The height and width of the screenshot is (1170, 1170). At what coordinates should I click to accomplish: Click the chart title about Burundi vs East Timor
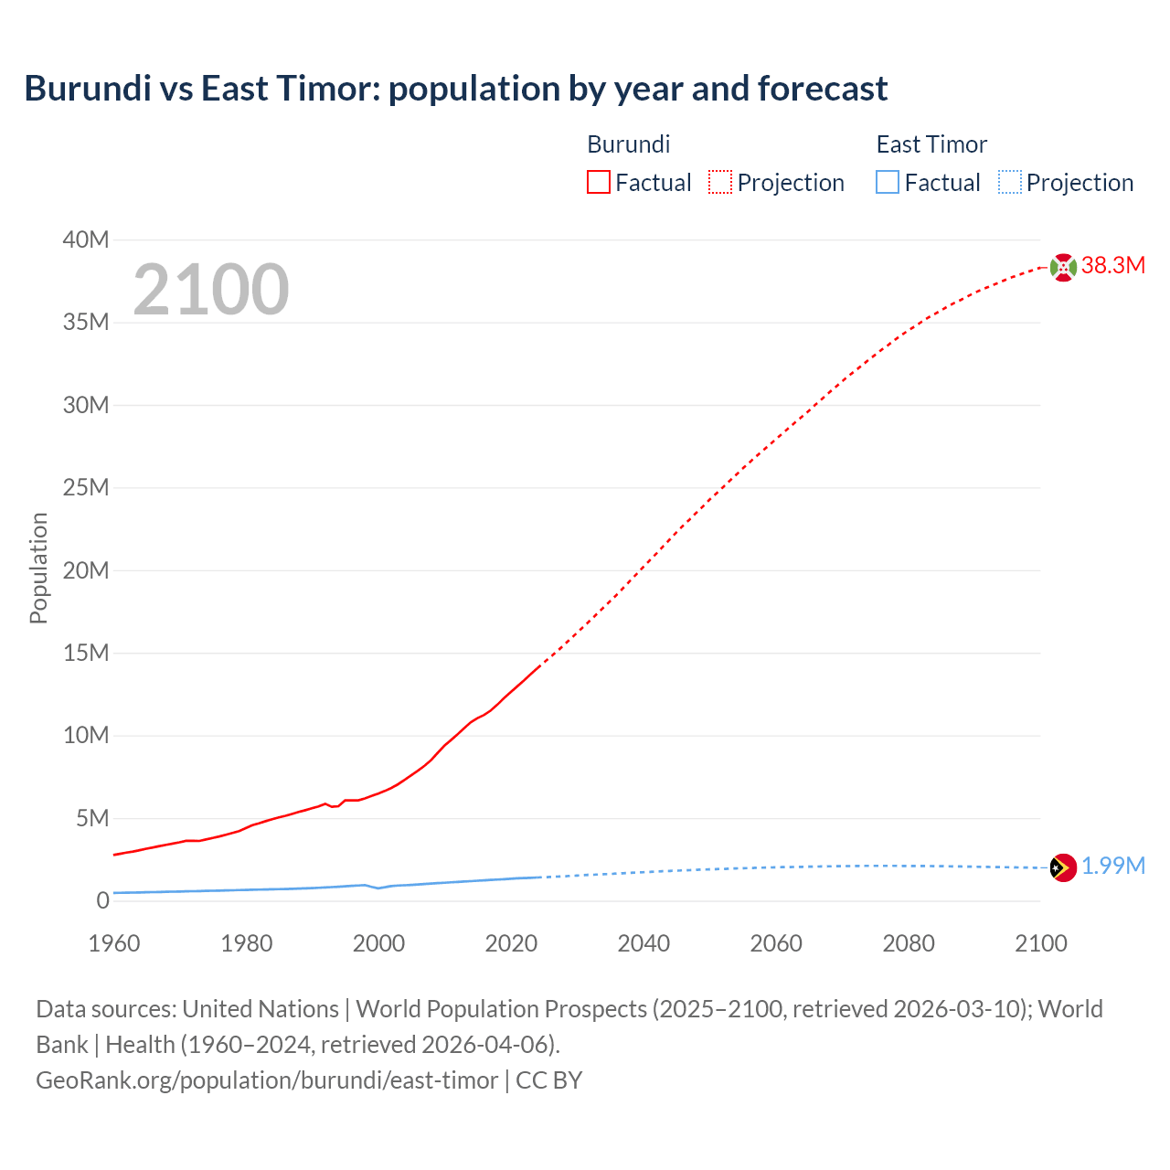[455, 89]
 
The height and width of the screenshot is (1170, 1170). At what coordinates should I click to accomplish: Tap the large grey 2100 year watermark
[211, 290]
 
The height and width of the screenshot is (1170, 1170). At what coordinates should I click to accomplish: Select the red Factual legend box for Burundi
[598, 183]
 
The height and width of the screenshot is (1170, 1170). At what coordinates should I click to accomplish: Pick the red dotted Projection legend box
[720, 183]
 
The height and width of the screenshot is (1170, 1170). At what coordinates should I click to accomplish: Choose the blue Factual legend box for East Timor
[888, 183]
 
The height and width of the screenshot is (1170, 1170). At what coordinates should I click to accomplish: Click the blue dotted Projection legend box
[1009, 183]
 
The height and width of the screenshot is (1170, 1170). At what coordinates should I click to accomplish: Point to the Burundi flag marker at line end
[1063, 267]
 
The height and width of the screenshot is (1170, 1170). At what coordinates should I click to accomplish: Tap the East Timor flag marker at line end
[1063, 867]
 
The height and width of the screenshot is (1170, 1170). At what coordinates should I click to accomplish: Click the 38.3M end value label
[1112, 266]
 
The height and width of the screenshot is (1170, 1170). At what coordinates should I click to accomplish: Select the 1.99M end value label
[1112, 867]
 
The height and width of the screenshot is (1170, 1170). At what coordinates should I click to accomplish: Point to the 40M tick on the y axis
[86, 239]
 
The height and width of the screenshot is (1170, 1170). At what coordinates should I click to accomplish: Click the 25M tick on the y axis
[86, 487]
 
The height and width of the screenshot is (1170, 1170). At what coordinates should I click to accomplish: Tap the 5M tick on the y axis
[92, 818]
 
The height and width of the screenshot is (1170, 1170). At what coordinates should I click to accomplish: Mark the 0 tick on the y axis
[102, 900]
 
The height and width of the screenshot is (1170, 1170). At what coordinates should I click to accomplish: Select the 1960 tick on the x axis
[114, 943]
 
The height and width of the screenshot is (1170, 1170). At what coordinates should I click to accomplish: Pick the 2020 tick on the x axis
[511, 943]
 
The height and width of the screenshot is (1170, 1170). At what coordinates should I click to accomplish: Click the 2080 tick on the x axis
[909, 943]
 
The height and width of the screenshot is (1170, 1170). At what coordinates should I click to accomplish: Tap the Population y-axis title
[38, 569]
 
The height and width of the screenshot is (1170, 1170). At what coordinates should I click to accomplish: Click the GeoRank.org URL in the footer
[267, 1080]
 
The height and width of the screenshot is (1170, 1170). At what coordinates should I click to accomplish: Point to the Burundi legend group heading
[628, 144]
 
